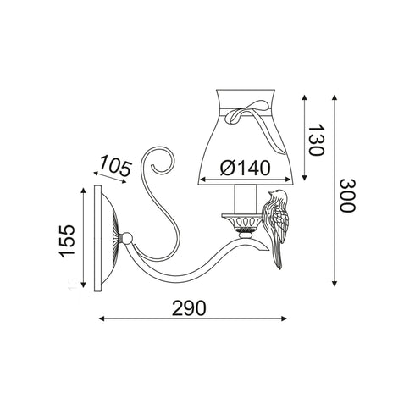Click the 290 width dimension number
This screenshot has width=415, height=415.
[x=189, y=307]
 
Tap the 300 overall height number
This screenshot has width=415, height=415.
[x=346, y=196]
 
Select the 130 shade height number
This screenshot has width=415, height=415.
[x=316, y=140]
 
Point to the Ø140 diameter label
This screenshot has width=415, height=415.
[x=245, y=168]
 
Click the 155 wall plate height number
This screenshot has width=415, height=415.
[x=67, y=241]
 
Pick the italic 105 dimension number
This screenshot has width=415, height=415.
[x=115, y=165]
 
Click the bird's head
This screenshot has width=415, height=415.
[x=277, y=195]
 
